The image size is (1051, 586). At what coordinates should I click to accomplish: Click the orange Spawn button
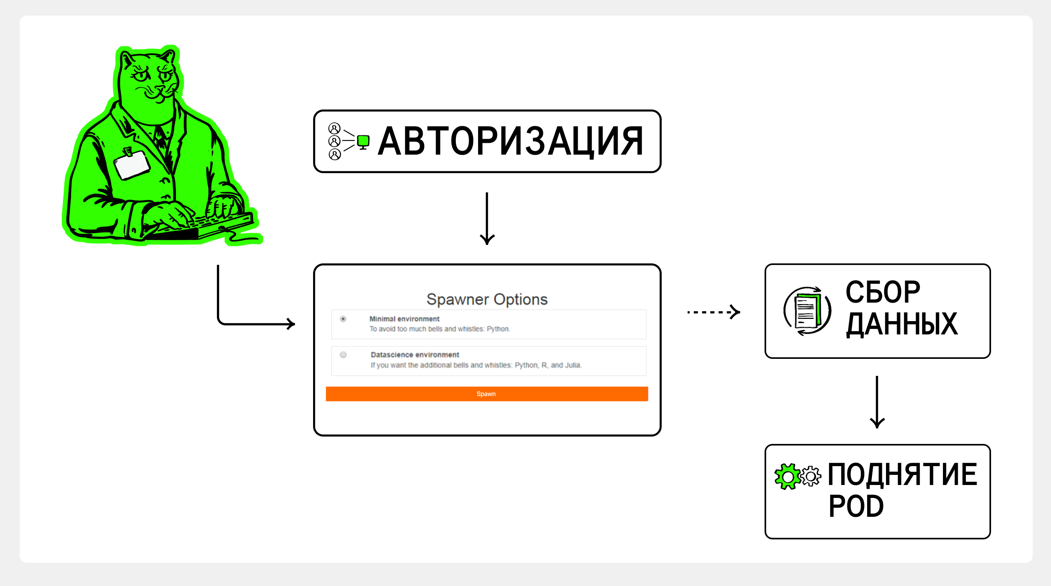[486, 394]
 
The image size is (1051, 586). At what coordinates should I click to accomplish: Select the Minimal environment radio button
[343, 319]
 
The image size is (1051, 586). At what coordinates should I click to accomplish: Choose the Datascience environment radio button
[343, 355]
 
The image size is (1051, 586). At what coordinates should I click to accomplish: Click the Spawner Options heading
[487, 299]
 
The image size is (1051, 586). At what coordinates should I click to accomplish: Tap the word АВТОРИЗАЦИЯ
[510, 141]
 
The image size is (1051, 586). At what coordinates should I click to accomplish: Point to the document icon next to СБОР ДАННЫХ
[807, 311]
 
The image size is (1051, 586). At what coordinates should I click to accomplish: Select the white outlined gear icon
[811, 476]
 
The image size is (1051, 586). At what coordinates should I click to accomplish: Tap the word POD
[856, 506]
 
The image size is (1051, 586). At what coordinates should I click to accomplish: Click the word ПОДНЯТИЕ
[902, 475]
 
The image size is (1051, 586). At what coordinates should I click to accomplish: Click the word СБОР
[883, 292]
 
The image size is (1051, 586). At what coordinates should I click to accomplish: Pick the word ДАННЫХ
[901, 324]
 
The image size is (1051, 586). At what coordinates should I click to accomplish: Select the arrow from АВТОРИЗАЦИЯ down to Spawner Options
[487, 219]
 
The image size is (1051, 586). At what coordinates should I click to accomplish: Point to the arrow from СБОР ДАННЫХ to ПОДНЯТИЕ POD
[877, 402]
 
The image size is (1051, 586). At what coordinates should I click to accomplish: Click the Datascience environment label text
[414, 355]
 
